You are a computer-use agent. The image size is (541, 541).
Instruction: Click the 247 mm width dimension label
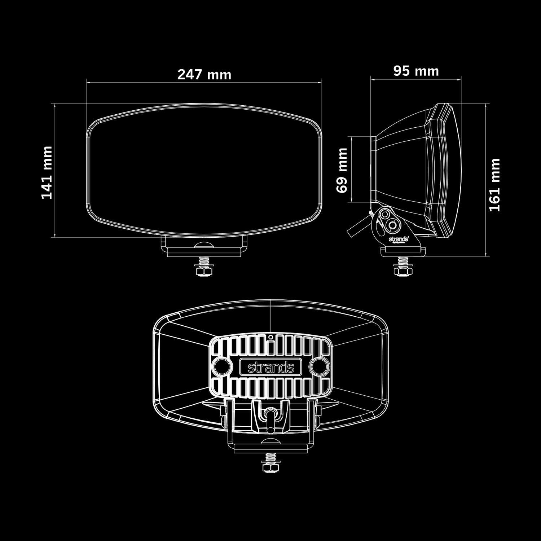204,75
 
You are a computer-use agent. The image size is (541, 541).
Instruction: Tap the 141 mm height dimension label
47,172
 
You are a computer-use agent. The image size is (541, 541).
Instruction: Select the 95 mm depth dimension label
416,71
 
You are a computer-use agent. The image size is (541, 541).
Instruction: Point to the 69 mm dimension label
342,171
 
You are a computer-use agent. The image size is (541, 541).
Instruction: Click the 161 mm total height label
494,185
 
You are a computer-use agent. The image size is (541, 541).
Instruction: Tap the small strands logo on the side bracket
398,239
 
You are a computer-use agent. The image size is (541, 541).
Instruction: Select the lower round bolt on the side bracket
392,225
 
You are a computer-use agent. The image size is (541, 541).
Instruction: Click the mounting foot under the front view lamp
204,247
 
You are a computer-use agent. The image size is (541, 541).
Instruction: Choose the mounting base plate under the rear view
270,448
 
